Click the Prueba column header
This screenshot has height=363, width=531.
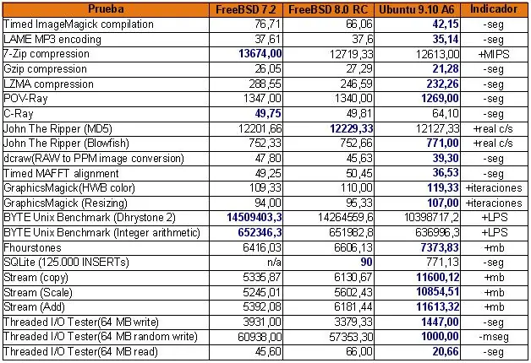[106, 9]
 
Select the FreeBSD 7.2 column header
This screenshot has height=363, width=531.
[246, 9]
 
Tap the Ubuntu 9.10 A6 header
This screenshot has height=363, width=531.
[417, 9]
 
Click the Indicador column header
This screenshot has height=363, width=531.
[494, 9]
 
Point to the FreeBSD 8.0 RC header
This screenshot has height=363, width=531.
[328, 9]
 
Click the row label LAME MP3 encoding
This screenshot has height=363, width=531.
[52, 39]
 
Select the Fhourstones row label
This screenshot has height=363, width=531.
[32, 247]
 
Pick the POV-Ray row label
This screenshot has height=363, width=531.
[25, 99]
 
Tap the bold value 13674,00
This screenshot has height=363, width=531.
[260, 54]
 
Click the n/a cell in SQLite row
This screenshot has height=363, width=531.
[274, 263]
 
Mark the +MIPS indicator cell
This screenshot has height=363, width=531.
[494, 54]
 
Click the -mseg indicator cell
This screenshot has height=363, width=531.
[494, 337]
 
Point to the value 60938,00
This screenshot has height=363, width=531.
[260, 337]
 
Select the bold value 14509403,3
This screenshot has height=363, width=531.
[255, 217]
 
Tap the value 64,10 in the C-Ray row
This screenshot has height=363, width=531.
[446, 114]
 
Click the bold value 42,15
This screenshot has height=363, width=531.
[446, 24]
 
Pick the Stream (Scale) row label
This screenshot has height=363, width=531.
[38, 292]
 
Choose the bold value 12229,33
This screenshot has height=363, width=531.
[352, 128]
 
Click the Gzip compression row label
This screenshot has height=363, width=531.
[45, 69]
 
